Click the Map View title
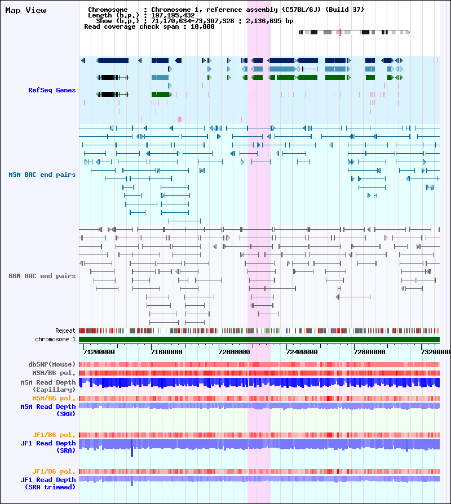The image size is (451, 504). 25,10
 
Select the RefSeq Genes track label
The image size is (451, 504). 52,90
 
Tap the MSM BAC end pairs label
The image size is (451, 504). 42,175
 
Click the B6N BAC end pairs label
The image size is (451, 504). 42,276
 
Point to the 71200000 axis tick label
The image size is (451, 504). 99,351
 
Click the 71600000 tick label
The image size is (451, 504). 167,351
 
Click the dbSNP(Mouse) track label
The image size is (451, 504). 52,364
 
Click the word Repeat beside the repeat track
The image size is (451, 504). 65,331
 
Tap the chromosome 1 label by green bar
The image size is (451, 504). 55,339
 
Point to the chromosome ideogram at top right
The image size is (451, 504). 353,32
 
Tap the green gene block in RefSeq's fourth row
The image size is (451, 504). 160,94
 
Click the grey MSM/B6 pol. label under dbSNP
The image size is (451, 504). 54,373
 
